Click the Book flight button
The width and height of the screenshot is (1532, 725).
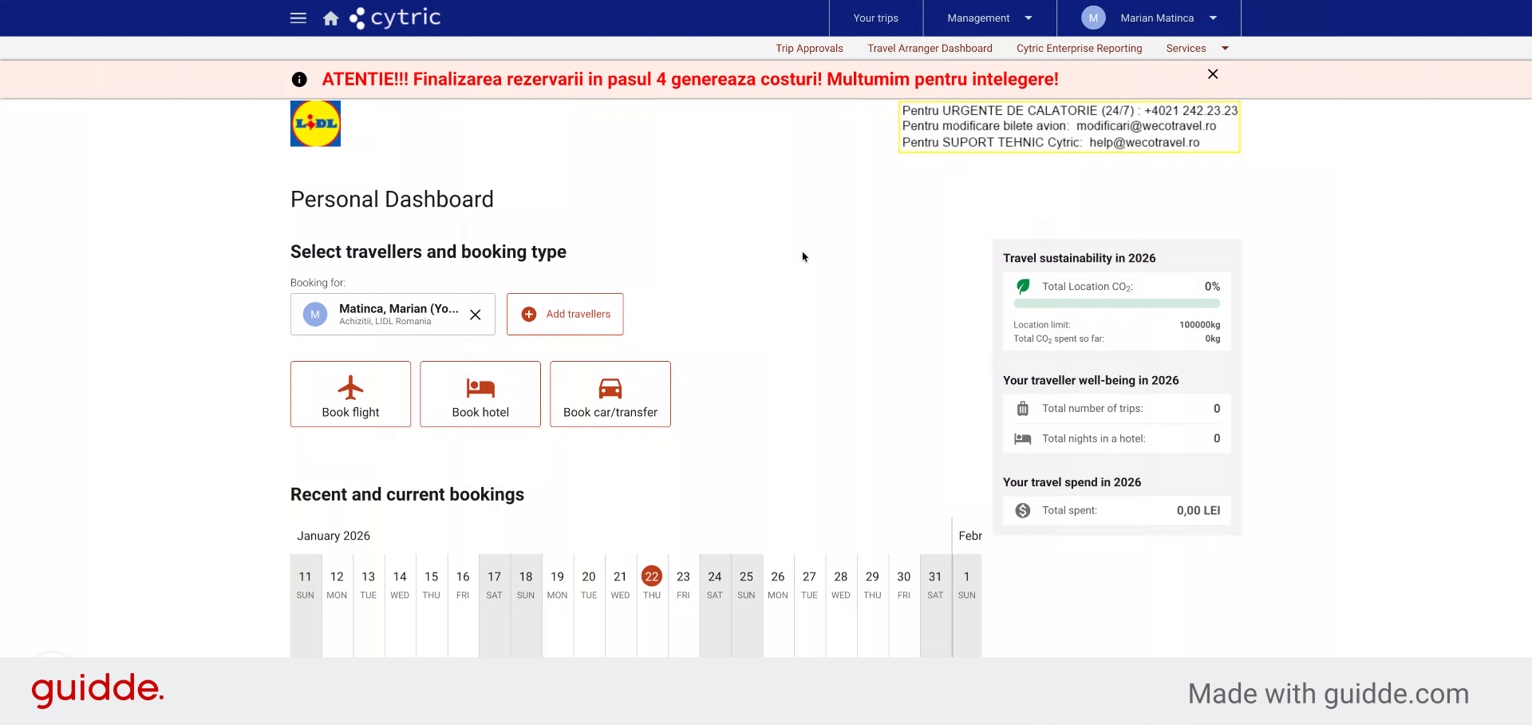click(350, 394)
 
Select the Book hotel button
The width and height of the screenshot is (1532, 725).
click(480, 394)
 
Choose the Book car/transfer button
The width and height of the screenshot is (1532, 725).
click(610, 394)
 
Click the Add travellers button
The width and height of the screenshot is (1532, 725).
click(565, 314)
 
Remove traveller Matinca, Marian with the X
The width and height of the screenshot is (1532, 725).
click(476, 315)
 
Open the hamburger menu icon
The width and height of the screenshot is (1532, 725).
click(298, 18)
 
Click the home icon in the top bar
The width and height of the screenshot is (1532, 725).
click(331, 18)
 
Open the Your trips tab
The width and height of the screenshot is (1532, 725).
click(876, 18)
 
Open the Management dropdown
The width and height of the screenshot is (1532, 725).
click(989, 18)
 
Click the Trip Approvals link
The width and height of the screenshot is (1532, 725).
click(809, 48)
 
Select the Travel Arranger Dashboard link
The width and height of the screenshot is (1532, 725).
click(930, 48)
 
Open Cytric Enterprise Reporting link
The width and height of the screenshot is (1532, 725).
click(1080, 48)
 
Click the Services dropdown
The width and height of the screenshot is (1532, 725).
click(1198, 48)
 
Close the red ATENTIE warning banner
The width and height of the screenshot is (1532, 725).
click(1213, 74)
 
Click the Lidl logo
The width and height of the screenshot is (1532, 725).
click(315, 124)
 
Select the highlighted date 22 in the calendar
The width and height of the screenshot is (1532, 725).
click(652, 576)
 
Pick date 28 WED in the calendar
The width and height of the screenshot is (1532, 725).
click(841, 584)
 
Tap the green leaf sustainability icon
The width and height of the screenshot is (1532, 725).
click(1023, 286)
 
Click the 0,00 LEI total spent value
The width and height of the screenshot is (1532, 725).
click(1198, 510)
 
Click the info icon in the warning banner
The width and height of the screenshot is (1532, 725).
click(299, 79)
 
